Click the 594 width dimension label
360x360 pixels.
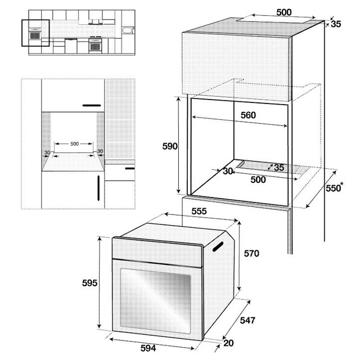[148, 348]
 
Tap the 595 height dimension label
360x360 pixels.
[90, 283]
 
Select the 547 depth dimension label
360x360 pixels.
[247, 320]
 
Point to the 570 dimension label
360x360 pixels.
[251, 254]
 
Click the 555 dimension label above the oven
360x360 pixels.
[199, 211]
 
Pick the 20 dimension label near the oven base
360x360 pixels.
[228, 343]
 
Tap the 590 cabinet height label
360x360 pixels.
[170, 146]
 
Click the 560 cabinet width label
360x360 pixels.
[248, 115]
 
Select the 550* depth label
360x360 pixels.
[335, 187]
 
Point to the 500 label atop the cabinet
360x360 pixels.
[284, 12]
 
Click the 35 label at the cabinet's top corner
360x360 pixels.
[336, 24]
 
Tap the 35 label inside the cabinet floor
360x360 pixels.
[279, 168]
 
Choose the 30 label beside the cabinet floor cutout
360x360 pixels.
[227, 171]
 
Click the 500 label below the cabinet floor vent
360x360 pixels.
[258, 179]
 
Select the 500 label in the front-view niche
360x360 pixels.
[75, 144]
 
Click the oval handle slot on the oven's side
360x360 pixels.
[218, 246]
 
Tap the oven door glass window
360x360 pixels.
[155, 301]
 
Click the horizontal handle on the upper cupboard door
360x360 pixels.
[92, 105]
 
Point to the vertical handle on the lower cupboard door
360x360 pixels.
[98, 188]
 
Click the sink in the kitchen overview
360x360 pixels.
[127, 30]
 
